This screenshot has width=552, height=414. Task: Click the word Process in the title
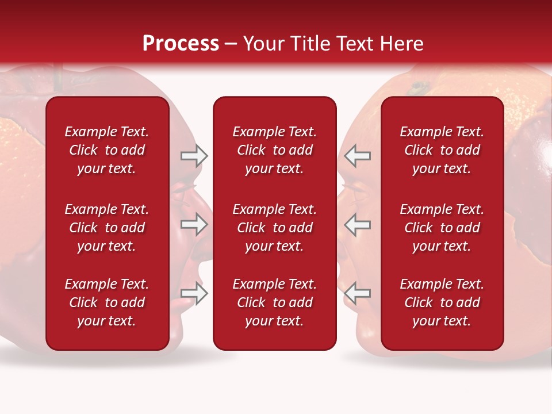pyautogui.click(x=181, y=44)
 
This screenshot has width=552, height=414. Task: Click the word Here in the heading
pyautogui.click(x=400, y=44)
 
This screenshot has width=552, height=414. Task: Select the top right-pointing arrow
pyautogui.click(x=194, y=155)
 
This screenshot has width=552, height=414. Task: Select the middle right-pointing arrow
pyautogui.click(x=194, y=224)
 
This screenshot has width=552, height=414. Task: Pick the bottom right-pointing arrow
pyautogui.click(x=194, y=293)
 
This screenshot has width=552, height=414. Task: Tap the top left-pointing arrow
pyautogui.click(x=358, y=155)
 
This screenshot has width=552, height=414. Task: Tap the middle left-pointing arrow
pyautogui.click(x=358, y=224)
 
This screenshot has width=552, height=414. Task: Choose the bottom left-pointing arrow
pyautogui.click(x=358, y=293)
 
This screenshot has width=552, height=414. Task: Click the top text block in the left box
pyautogui.click(x=107, y=150)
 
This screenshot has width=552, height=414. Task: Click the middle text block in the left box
pyautogui.click(x=107, y=228)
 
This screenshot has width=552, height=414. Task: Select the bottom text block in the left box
pyautogui.click(x=107, y=302)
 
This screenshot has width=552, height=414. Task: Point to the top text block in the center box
pyautogui.click(x=275, y=150)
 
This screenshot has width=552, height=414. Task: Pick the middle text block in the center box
pyautogui.click(x=275, y=228)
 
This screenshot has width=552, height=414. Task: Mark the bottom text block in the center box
pyautogui.click(x=275, y=302)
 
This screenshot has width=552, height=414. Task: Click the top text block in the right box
pyautogui.click(x=442, y=150)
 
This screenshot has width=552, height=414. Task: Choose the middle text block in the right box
pyautogui.click(x=442, y=228)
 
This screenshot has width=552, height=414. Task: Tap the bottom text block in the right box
pyautogui.click(x=442, y=302)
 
